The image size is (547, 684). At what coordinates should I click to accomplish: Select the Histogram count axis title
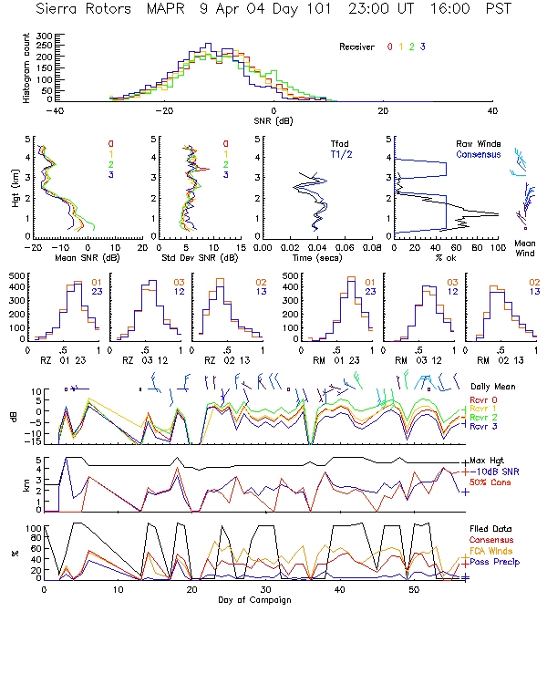click(x=26, y=69)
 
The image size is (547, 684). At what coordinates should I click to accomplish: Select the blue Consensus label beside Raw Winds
click(x=477, y=156)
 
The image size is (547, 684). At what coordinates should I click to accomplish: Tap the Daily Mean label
click(x=492, y=387)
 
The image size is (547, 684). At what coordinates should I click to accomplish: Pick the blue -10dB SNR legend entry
click(x=494, y=471)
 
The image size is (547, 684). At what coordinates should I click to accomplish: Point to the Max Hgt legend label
click(x=488, y=461)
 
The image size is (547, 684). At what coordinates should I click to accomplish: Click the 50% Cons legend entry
click(x=490, y=482)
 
